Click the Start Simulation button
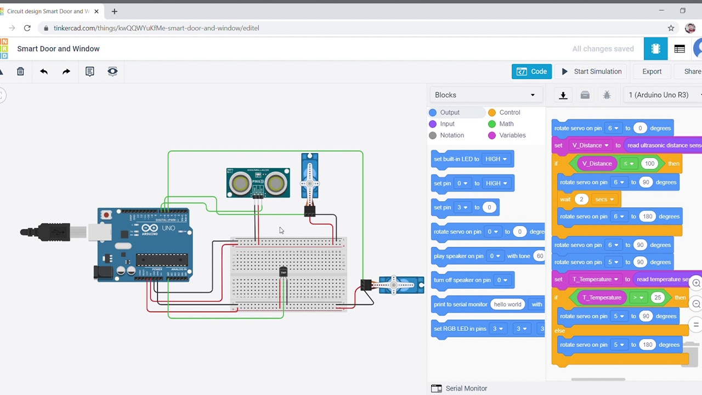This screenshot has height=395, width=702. click(x=592, y=71)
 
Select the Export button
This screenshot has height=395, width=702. click(x=652, y=71)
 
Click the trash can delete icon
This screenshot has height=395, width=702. click(x=20, y=71)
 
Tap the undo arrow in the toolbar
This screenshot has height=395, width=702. click(x=44, y=71)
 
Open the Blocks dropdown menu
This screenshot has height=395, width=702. click(x=485, y=95)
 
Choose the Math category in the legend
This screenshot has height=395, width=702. click(x=506, y=124)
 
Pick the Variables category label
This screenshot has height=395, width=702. click(x=512, y=136)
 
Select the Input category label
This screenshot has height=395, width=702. click(x=447, y=124)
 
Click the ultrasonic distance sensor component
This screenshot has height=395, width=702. click(x=258, y=183)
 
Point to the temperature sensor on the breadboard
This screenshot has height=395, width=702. click(x=283, y=272)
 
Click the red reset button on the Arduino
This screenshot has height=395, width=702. click(x=106, y=215)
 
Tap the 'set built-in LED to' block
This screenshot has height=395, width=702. click(x=456, y=159)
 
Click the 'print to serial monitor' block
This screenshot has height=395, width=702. click(x=460, y=304)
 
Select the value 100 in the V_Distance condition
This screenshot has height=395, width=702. click(x=649, y=163)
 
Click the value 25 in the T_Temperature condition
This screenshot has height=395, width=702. click(x=657, y=297)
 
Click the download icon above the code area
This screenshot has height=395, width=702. click(x=563, y=95)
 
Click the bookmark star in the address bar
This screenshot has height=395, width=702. click(x=671, y=28)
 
